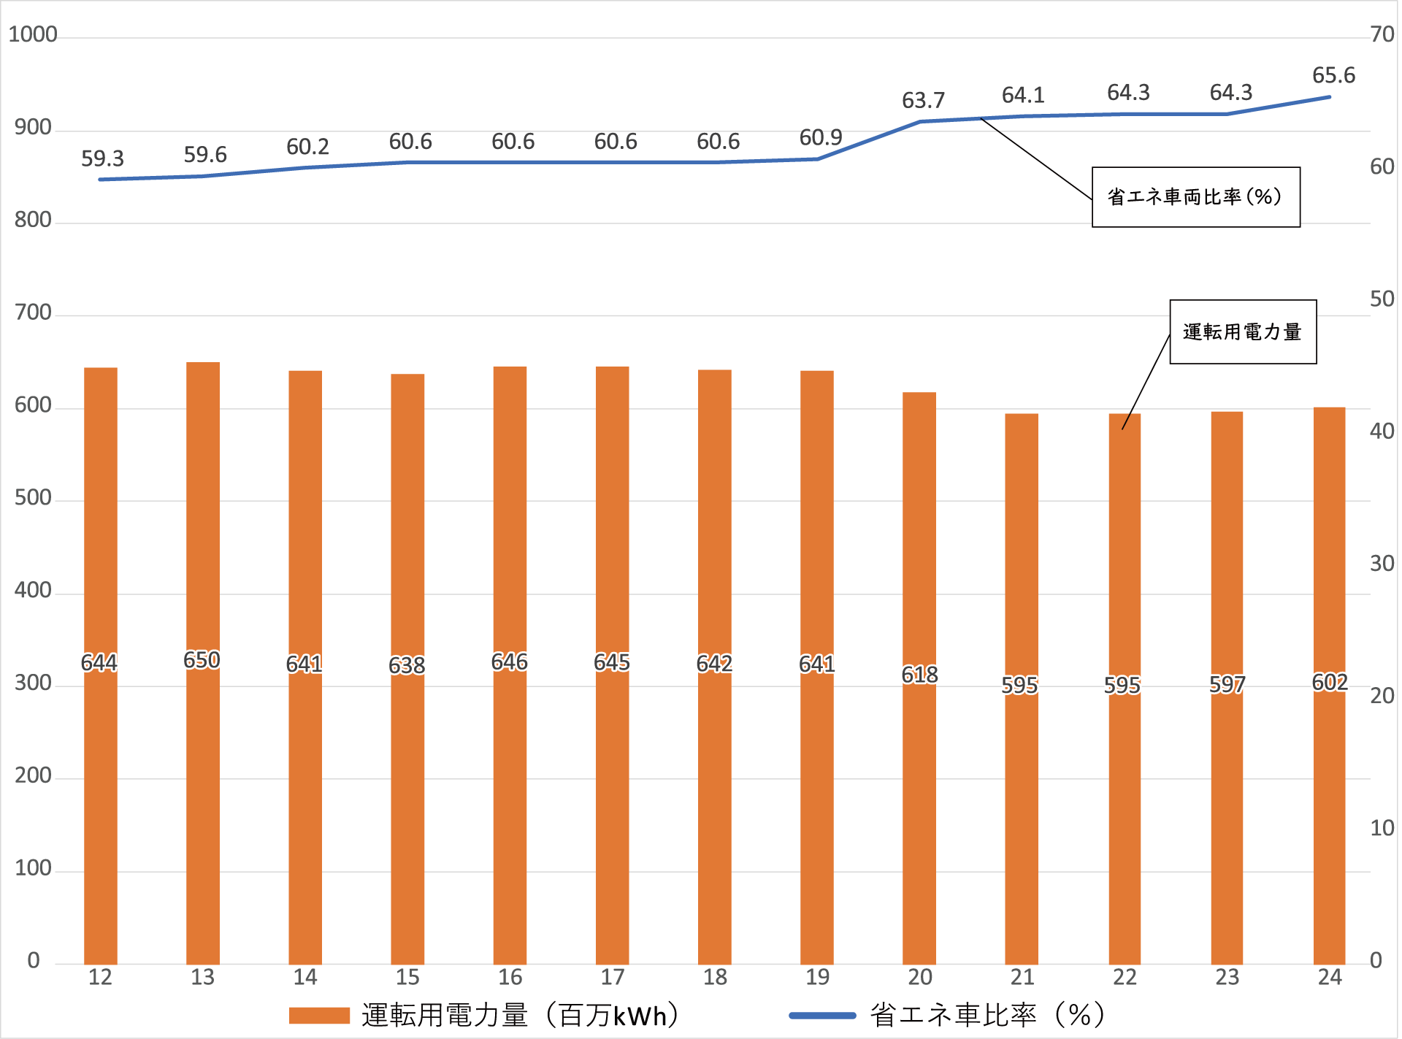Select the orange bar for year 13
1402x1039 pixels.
point(203,803)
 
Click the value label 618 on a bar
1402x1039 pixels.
point(919,675)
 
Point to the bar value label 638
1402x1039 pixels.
point(407,665)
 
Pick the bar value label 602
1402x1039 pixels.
point(1330,682)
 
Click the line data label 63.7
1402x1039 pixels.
point(923,100)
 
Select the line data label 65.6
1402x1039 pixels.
point(1333,75)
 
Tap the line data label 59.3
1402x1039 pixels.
point(102,158)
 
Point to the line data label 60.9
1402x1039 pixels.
point(821,137)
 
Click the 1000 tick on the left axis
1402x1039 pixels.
point(32,34)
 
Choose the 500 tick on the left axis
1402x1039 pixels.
point(33,498)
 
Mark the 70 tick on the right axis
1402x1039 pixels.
point(1382,34)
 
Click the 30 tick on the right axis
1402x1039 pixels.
point(1382,563)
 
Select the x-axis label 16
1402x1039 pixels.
point(510,977)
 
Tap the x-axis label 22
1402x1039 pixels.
point(1125,977)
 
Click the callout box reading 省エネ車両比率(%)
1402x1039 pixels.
point(1195,197)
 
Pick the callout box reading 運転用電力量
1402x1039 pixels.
point(1243,331)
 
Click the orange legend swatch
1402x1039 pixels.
point(319,1016)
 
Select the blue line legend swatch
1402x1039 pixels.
point(822,1016)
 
